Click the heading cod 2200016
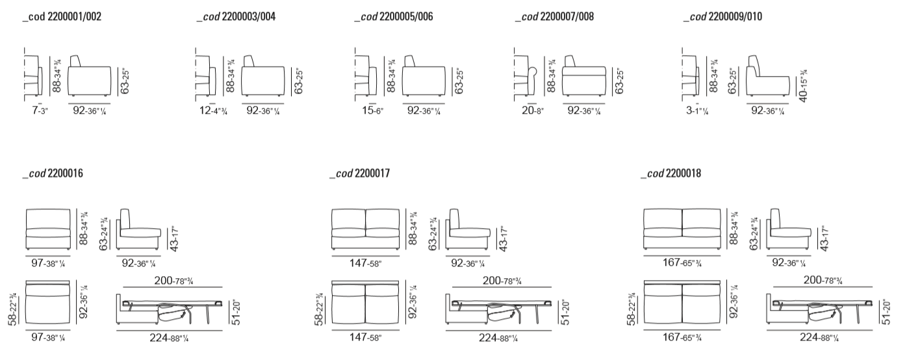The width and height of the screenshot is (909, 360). click(x=53, y=174)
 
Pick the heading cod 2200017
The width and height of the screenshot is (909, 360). click(x=359, y=174)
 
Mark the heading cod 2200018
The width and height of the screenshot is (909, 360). click(x=671, y=174)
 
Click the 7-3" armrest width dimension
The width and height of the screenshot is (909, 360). click(x=40, y=111)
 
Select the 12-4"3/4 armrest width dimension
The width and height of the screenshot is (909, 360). click(x=213, y=111)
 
